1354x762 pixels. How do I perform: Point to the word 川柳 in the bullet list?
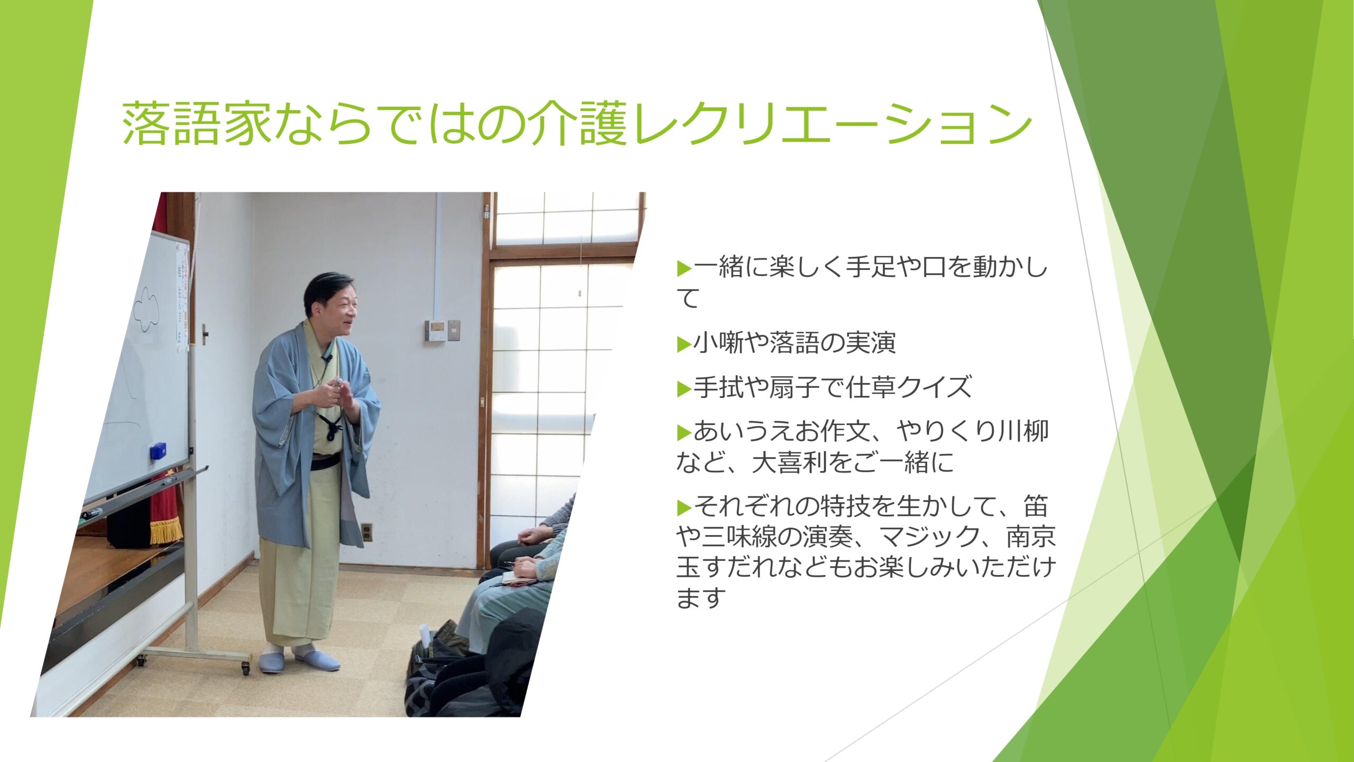(x=1022, y=432)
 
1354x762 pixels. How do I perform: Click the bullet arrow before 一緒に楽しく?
(x=684, y=269)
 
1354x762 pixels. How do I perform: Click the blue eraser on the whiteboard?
(x=158, y=451)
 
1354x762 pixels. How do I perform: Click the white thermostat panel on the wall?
(x=436, y=331)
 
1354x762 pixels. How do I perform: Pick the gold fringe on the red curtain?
(x=166, y=531)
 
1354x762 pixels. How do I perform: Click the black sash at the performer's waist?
(x=325, y=462)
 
